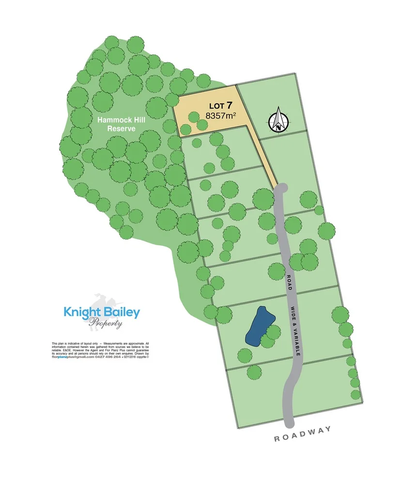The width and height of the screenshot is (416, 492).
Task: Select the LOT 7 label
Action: click(x=221, y=105)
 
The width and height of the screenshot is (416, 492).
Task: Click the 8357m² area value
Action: click(x=221, y=116)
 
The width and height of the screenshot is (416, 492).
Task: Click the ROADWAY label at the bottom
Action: click(x=303, y=435)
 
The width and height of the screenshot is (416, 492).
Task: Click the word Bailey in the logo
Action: click(x=123, y=312)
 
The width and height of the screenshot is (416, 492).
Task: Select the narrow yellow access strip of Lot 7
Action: click(x=264, y=155)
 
